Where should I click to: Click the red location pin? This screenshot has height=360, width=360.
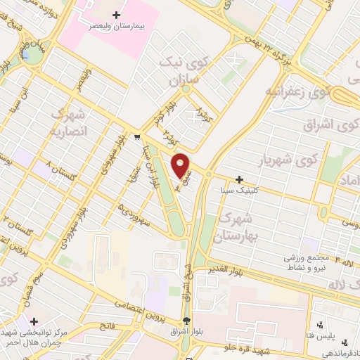(181, 165)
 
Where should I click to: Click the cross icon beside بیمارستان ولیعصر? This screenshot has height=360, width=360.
(117, 14)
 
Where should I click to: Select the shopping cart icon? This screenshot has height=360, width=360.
(137, 136)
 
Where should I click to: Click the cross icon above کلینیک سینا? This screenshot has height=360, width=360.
(241, 180)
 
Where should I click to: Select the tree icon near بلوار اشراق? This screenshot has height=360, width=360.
(187, 323)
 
